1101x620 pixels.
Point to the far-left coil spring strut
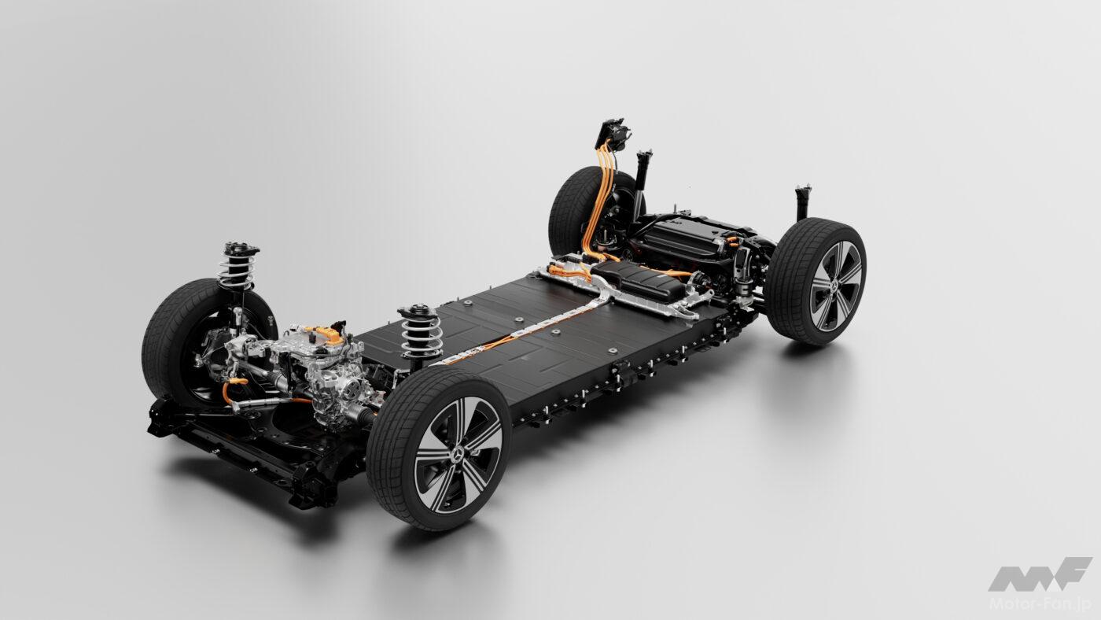tap(238, 268)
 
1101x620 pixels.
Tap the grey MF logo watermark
tap(1040, 574)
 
